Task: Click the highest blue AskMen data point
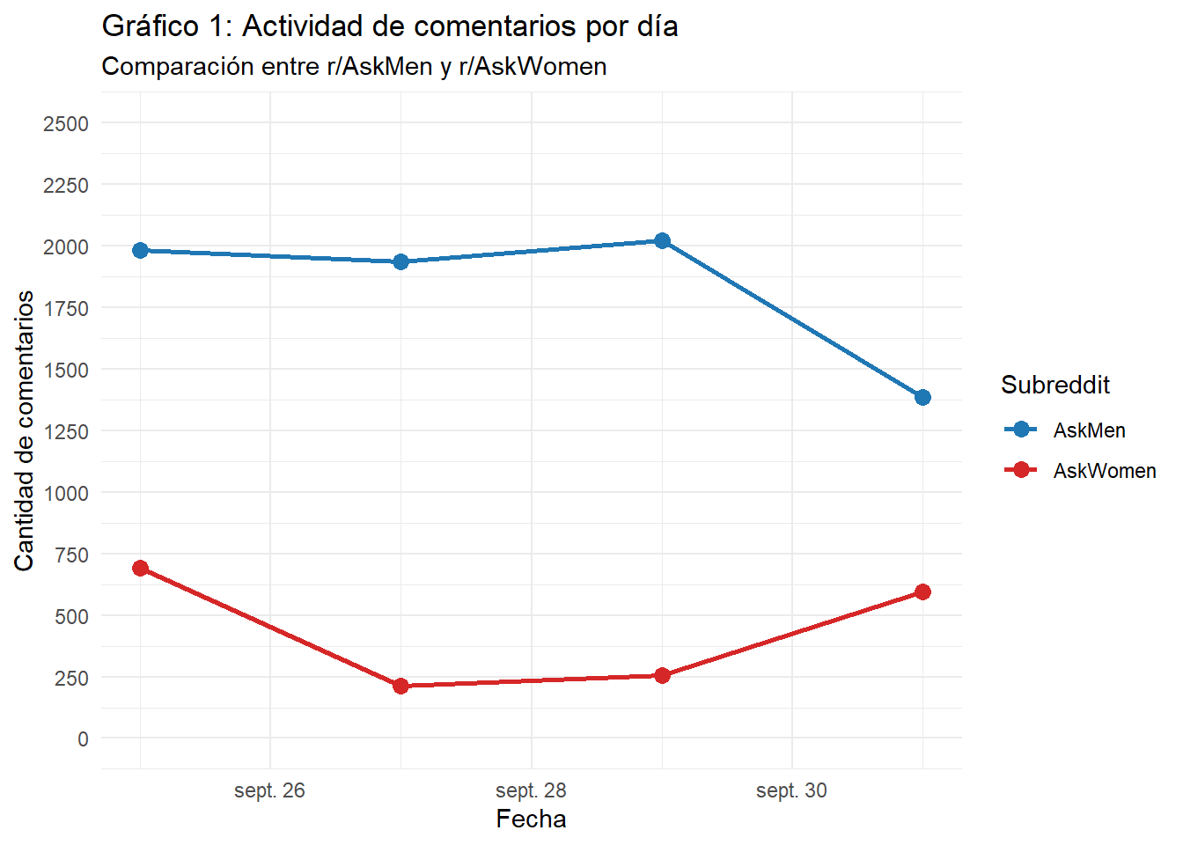tap(662, 241)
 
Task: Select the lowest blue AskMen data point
tap(922, 397)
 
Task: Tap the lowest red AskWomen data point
tap(400, 686)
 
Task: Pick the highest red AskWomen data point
tap(140, 568)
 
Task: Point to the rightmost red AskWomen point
tap(922, 591)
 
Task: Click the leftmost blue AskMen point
tap(140, 251)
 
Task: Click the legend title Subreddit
tap(1055, 385)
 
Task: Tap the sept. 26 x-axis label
tap(269, 790)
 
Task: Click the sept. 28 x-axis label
tap(531, 790)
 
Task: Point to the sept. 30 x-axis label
tap(791, 790)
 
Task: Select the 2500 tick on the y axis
tap(66, 124)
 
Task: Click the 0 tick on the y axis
tap(83, 739)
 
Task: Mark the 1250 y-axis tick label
tap(66, 432)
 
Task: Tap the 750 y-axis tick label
tap(71, 555)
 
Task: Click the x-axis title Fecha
tap(531, 819)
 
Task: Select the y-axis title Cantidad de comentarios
tap(25, 430)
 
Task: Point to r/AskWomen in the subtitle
tap(533, 67)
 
